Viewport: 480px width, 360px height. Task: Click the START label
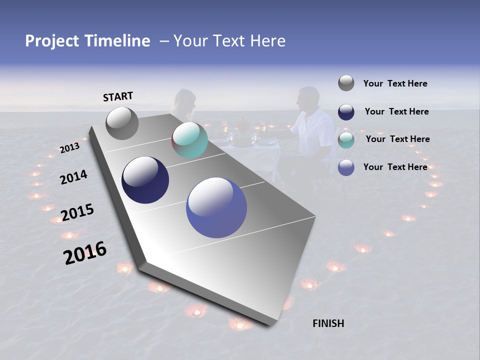(118, 96)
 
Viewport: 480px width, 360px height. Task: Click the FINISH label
(328, 323)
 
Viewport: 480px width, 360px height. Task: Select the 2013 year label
(69, 147)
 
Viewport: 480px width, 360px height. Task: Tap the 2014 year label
(73, 177)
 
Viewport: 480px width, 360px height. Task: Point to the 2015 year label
(77, 212)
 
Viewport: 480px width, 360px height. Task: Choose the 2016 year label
(85, 252)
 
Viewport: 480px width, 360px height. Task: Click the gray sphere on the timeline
(122, 123)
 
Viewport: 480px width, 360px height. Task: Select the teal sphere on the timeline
(189, 140)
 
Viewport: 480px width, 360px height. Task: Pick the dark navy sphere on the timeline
(145, 180)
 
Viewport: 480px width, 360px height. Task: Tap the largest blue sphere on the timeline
(216, 207)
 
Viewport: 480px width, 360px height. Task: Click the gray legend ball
(346, 83)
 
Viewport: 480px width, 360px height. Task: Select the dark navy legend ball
(346, 112)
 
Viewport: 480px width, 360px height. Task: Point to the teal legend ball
(346, 140)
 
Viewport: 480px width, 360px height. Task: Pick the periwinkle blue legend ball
(346, 167)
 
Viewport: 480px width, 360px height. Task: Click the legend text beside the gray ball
(395, 83)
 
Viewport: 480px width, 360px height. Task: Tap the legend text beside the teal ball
(397, 139)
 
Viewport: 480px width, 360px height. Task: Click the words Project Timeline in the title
(87, 41)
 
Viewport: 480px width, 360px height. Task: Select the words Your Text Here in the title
(229, 41)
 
